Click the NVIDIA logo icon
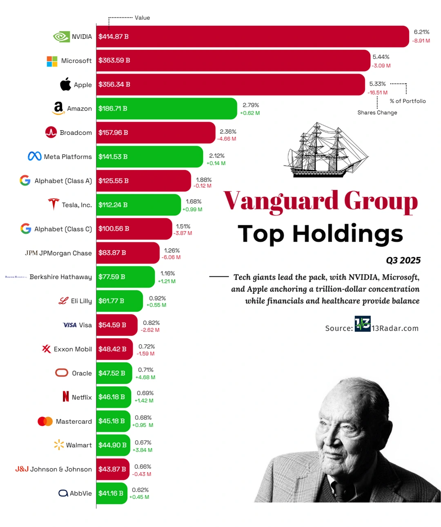[x=61, y=37]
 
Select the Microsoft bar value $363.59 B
[x=114, y=60]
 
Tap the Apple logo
[x=65, y=84]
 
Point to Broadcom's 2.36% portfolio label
[x=228, y=132]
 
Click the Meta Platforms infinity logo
[x=35, y=156]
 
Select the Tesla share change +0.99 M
[x=192, y=209]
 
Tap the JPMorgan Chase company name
[x=65, y=253]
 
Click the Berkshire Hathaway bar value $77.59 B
[x=111, y=277]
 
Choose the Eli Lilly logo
[x=63, y=301]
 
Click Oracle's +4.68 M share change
[x=145, y=378]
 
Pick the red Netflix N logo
[x=66, y=396]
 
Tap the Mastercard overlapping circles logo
[x=45, y=421]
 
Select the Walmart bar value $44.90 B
[x=112, y=445]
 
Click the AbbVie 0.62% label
[x=140, y=490]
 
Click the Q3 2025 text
[x=403, y=260]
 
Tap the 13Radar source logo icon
[x=363, y=324]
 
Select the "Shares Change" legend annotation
[x=377, y=113]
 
